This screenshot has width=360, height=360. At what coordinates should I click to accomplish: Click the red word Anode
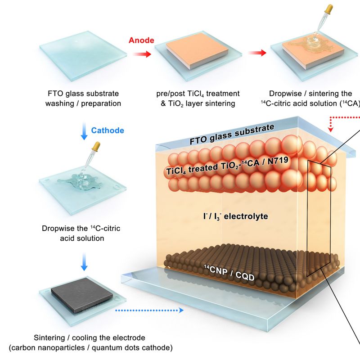[x=141, y=40]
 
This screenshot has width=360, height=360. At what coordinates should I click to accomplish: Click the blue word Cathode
[x=108, y=130]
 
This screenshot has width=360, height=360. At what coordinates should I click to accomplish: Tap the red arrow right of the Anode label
[x=142, y=54]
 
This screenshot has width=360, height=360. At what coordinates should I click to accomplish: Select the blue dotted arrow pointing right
[x=149, y=310]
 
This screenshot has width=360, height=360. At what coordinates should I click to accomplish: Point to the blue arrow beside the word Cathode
[x=84, y=131]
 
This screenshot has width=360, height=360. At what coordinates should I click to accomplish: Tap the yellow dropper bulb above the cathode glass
[x=96, y=146]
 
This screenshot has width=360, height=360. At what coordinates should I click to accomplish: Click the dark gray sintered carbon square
[x=82, y=295]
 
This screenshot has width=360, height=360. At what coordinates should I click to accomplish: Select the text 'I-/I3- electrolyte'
[x=235, y=216]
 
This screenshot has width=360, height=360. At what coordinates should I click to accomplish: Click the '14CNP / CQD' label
[x=229, y=273]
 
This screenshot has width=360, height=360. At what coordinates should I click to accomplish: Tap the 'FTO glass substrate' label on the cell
[x=232, y=134]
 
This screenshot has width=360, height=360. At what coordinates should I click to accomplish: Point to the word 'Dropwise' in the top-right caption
[x=285, y=94]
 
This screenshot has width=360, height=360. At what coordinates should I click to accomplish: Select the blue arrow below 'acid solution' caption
[x=84, y=262]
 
